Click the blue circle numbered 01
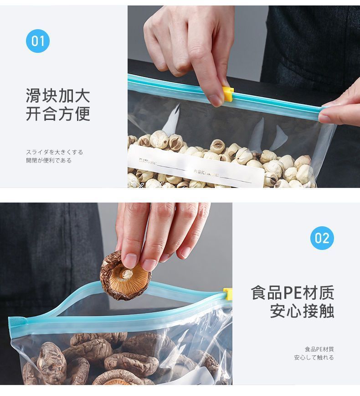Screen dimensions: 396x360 tap(37, 41)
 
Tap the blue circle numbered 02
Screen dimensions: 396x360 tap(322, 238)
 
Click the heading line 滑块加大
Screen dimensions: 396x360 tap(58, 95)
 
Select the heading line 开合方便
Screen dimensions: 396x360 tap(58, 114)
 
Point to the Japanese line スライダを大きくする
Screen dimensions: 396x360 tap(54, 152)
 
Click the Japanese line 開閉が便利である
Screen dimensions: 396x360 tap(49, 161)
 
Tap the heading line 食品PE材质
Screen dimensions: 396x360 tap(292, 292)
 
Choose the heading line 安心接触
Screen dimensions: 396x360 tap(302, 311)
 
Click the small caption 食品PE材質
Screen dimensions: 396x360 tap(319, 349)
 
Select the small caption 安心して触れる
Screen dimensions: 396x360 tap(314, 358)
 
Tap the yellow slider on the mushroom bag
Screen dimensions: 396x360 tap(227, 293)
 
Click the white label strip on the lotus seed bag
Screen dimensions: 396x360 tap(196, 166)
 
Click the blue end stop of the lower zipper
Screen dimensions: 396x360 tap(15, 323)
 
